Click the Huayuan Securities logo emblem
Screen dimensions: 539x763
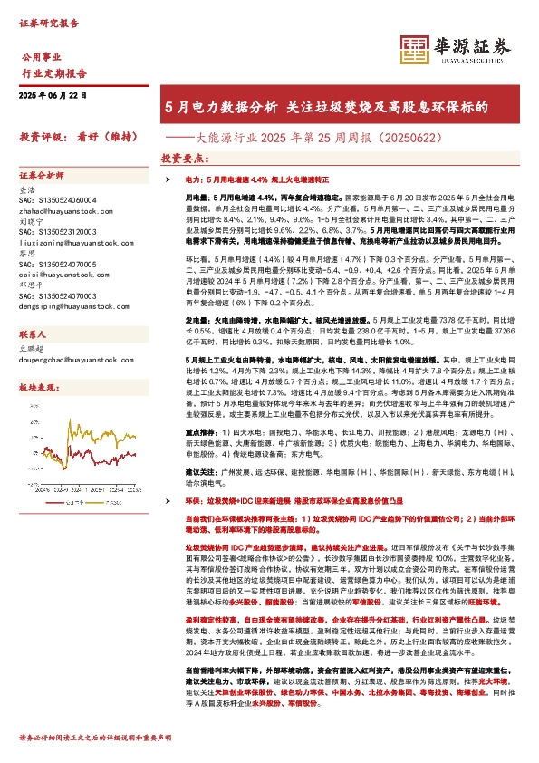(x=416, y=48)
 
